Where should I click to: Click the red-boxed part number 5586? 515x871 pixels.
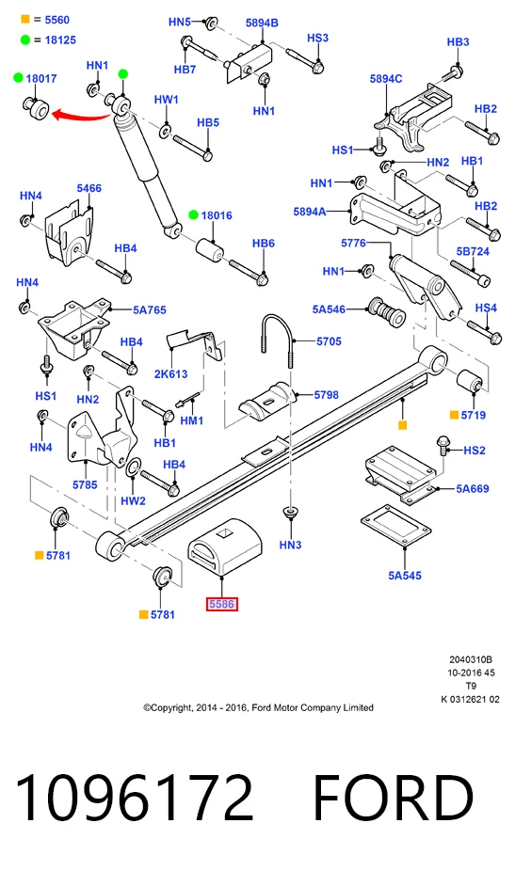click(222, 604)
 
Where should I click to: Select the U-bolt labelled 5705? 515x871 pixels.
click(277, 340)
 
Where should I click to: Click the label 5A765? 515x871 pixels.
click(149, 310)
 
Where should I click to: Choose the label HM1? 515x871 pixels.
click(192, 420)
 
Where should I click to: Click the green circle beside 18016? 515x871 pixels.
click(193, 215)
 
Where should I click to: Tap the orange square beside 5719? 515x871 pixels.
click(454, 415)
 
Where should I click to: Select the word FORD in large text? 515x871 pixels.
click(394, 798)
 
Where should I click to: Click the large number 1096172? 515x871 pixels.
click(134, 798)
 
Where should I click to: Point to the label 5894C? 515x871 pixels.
click(386, 79)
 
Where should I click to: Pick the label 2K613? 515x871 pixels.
click(170, 373)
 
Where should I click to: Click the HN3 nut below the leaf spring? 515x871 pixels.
click(289, 513)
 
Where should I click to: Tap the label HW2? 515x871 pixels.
click(133, 500)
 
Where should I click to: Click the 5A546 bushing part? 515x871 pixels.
click(387, 312)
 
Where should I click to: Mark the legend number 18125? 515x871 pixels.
click(60, 40)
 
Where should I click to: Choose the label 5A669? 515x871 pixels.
click(473, 489)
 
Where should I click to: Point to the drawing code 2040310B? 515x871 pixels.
click(471, 660)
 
